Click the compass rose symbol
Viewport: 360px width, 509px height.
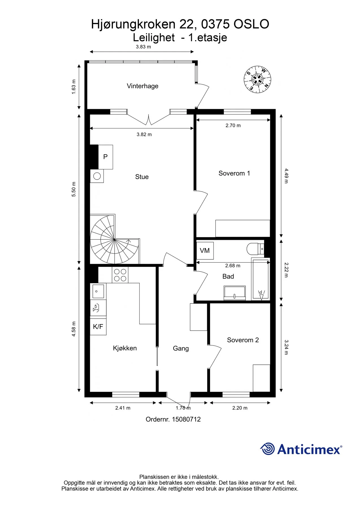257,79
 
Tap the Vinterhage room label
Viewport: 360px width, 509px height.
143,86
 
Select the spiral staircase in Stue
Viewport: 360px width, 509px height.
115,239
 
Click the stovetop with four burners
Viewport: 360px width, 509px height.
120,275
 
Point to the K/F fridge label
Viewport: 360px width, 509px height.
98,327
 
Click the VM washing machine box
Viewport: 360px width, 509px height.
205,251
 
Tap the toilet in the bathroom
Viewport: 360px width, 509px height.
255,249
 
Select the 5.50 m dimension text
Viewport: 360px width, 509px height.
74,189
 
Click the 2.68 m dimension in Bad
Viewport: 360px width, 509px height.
233,266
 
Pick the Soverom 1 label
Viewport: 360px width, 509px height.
234,173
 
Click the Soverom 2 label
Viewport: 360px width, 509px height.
243,340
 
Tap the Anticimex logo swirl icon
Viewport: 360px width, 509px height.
267,449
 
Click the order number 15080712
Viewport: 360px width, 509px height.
186,419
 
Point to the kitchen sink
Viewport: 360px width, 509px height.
98,291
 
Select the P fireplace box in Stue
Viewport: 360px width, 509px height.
105,157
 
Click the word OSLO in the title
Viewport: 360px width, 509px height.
251,24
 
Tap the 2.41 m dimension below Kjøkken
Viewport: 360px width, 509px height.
123,408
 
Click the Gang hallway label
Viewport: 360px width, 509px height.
181,348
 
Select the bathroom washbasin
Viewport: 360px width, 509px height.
234,293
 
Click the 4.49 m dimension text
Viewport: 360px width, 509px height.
286,176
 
